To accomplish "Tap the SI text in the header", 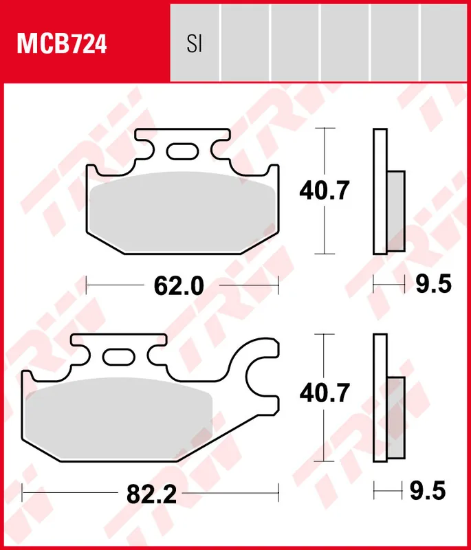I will click(194, 45).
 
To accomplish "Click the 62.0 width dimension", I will click(179, 284).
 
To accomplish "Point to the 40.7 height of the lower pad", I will click(325, 393).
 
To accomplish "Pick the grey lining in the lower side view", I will click(396, 419).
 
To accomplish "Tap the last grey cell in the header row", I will click(445, 41).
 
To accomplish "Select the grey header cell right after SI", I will click(245, 41).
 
